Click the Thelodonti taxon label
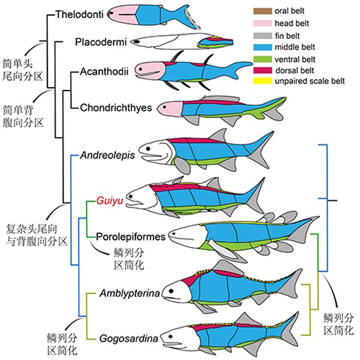pyautogui.click(x=79, y=15)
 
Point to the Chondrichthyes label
pyautogui.click(x=116, y=107)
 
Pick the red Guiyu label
pyautogui.click(x=107, y=202)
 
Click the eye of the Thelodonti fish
pyautogui.click(x=112, y=15)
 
